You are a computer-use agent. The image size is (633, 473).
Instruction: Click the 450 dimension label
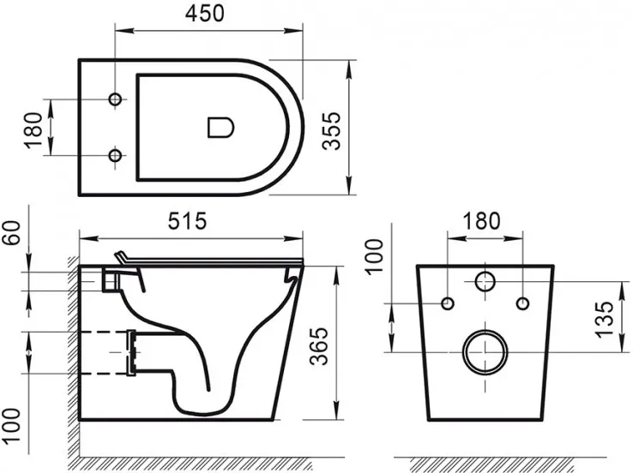(204, 14)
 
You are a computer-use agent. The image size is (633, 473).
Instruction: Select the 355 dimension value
(332, 131)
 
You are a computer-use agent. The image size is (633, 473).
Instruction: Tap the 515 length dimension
(187, 221)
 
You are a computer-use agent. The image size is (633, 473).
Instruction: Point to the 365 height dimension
(319, 346)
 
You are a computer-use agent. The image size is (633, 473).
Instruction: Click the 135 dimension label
(605, 320)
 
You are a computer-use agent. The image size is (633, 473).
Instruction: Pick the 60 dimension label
(12, 232)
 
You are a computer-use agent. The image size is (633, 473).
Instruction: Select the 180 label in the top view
(34, 130)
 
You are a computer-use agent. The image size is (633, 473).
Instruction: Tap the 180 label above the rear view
(482, 221)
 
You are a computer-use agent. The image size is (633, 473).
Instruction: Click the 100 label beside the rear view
(373, 257)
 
